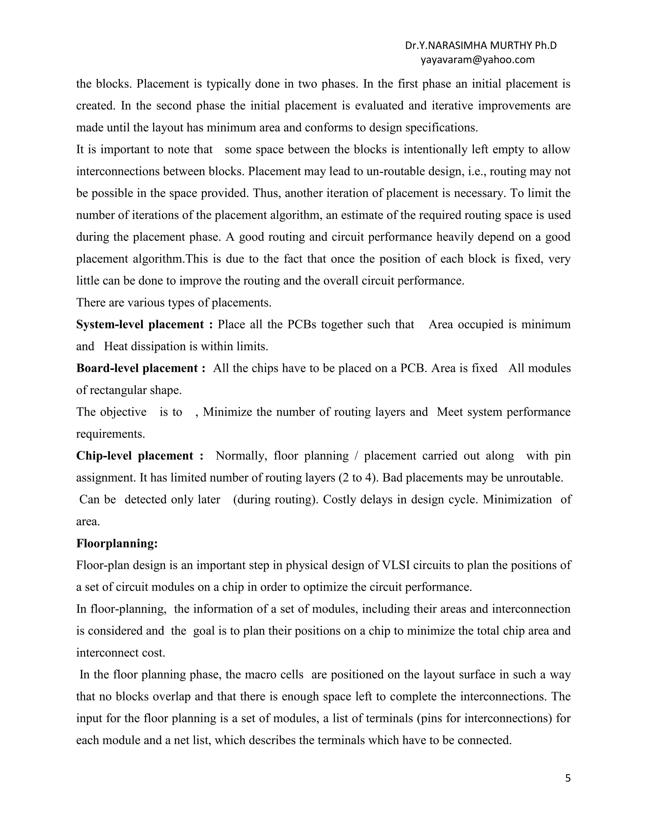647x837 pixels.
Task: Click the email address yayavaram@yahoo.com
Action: pyautogui.click(x=477, y=60)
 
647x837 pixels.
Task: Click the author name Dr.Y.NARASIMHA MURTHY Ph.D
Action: pyautogui.click(x=481, y=45)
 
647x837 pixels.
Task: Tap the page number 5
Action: pyautogui.click(x=568, y=778)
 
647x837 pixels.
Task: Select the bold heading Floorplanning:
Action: pyautogui.click(x=117, y=544)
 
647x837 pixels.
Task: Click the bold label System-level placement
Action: pyautogui.click(x=140, y=325)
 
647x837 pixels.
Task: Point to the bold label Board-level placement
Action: pyautogui.click(x=137, y=368)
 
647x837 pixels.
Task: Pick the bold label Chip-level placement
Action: pyautogui.click(x=135, y=456)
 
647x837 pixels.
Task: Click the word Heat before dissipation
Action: pyautogui.click(x=116, y=346)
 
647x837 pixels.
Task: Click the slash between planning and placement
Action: pyautogui.click(x=356, y=456)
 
